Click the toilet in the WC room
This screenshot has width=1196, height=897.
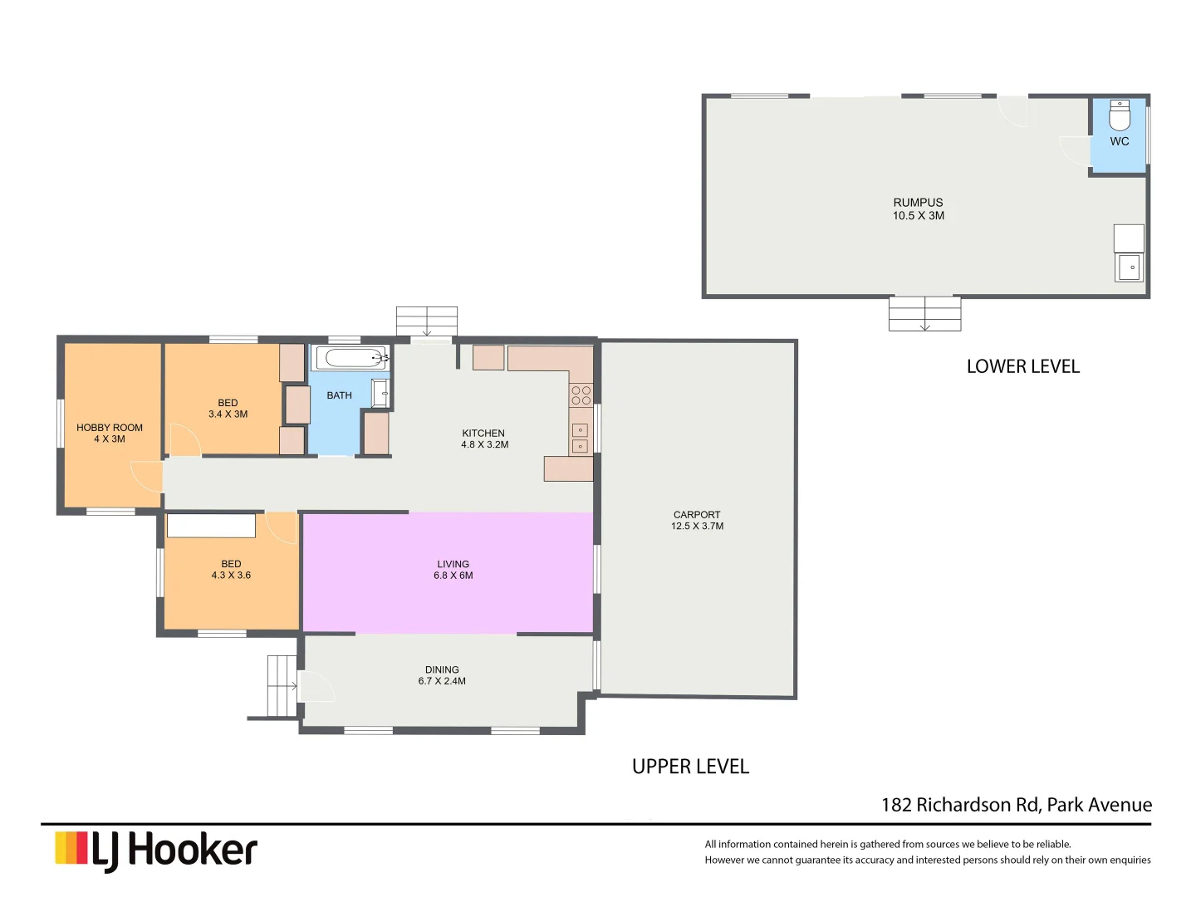(x=1120, y=116)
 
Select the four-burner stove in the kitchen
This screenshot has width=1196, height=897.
(x=581, y=395)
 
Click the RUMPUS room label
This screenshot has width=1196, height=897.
(x=918, y=208)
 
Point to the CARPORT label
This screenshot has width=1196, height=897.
(x=697, y=520)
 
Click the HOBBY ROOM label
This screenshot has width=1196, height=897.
(x=110, y=433)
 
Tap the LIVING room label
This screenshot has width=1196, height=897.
(x=453, y=570)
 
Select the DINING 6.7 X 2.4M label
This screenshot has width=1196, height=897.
(x=442, y=675)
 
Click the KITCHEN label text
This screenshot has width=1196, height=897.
(x=483, y=439)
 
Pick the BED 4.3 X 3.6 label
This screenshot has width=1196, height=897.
(x=231, y=570)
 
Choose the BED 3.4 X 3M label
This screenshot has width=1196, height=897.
(x=228, y=408)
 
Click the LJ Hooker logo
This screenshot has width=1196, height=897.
(x=156, y=850)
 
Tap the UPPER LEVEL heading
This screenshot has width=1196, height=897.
(x=690, y=767)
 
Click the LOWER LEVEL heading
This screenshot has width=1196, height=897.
(x=1022, y=366)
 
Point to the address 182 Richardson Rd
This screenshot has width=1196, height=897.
(x=1016, y=805)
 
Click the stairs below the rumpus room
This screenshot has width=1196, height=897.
(x=924, y=314)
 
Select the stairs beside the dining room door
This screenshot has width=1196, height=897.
(x=282, y=686)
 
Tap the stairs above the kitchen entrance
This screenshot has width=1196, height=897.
(x=426, y=321)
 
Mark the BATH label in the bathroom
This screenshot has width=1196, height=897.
(x=339, y=395)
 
